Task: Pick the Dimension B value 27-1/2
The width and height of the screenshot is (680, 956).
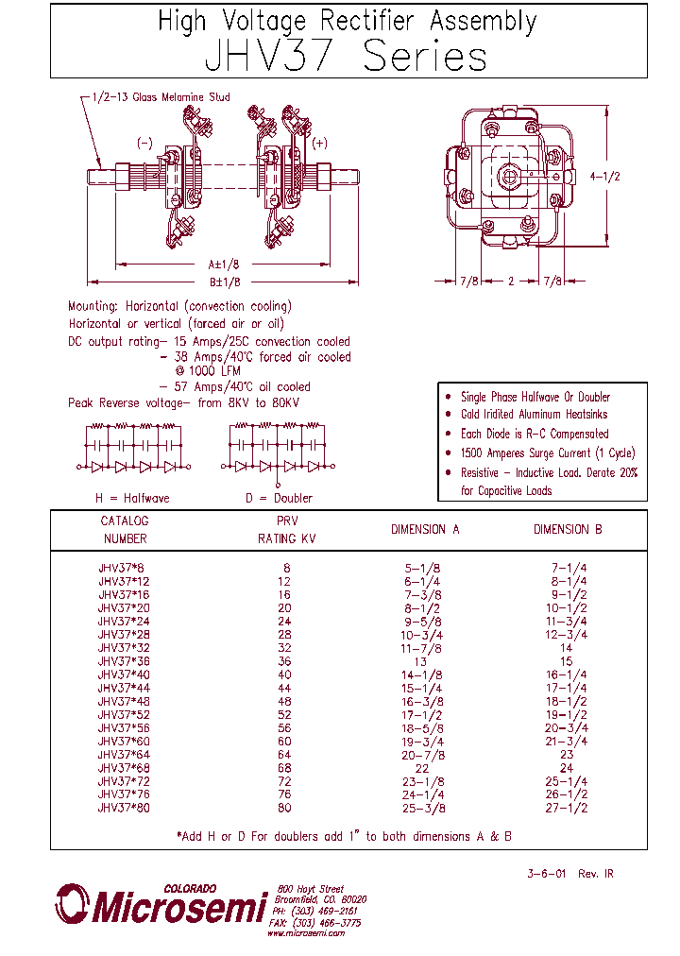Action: (x=567, y=809)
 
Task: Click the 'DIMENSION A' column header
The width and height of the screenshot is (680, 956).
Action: (x=425, y=530)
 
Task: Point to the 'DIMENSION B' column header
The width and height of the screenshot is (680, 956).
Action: (x=567, y=530)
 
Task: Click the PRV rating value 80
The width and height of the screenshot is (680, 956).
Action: (x=284, y=809)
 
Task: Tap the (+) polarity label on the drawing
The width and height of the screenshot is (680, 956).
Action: (x=319, y=143)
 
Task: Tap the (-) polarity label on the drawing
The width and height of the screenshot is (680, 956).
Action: (x=144, y=143)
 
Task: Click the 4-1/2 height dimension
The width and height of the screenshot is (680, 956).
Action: (x=605, y=177)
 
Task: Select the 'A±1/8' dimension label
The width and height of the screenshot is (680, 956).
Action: (x=223, y=265)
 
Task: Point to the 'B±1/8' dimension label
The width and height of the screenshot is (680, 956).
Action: (x=223, y=282)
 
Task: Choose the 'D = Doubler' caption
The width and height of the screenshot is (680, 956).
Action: (x=278, y=498)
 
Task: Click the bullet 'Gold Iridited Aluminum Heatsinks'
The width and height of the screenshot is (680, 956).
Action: (x=534, y=415)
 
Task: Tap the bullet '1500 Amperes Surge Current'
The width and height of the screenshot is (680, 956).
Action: (x=547, y=452)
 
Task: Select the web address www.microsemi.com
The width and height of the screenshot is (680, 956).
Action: (x=306, y=932)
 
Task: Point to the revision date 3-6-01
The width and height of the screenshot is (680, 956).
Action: (x=546, y=874)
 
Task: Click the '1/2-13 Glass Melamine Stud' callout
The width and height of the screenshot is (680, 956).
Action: (x=161, y=97)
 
